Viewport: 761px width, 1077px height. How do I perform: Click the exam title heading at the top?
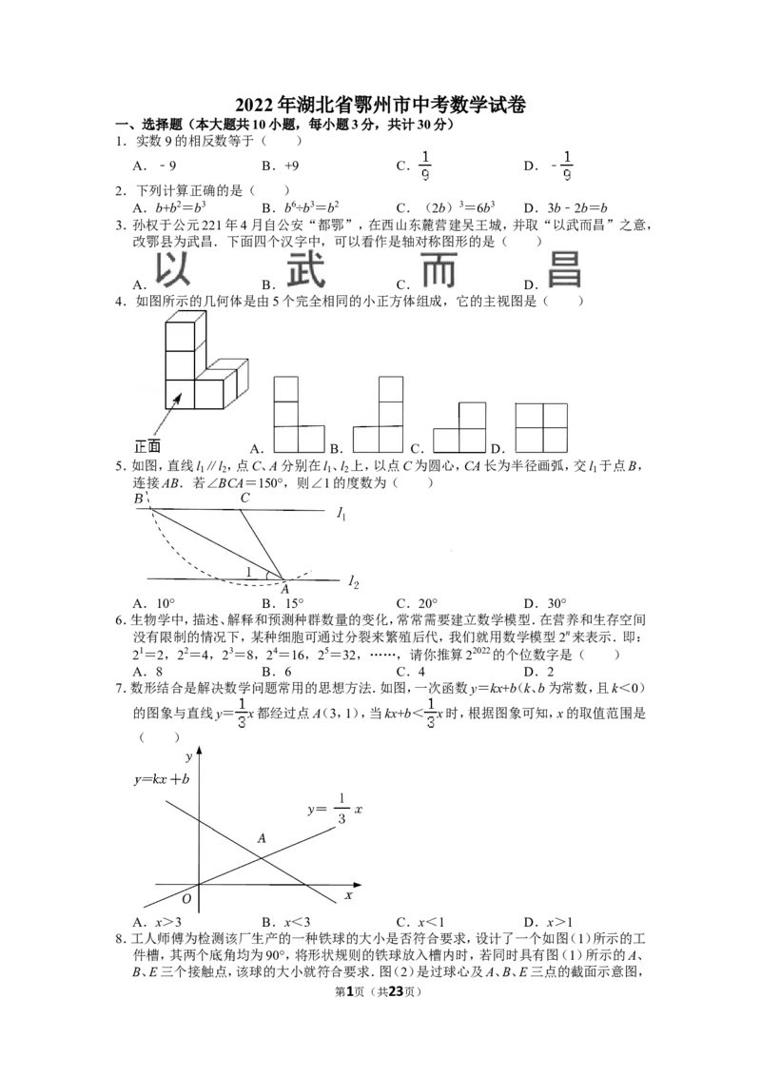pos(380,105)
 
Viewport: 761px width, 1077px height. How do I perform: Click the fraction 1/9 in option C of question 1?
pos(425,166)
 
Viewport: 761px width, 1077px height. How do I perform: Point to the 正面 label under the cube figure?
pos(147,446)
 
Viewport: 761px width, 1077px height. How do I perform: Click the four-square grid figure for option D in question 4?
pos(541,427)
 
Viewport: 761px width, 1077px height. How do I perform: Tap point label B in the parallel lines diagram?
pos(139,499)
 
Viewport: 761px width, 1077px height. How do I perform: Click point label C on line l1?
pos(245,498)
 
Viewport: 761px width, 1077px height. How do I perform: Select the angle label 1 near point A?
pos(248,572)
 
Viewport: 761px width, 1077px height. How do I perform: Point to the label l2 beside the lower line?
pos(353,582)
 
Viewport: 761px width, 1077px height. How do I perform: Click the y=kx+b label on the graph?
pos(162,779)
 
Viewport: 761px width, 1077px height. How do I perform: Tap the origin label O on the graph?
pos(186,898)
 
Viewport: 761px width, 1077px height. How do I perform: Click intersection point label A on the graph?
pos(262,838)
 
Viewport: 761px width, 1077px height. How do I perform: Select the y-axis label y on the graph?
pos(188,757)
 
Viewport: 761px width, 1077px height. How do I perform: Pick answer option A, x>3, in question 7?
pos(158,922)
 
